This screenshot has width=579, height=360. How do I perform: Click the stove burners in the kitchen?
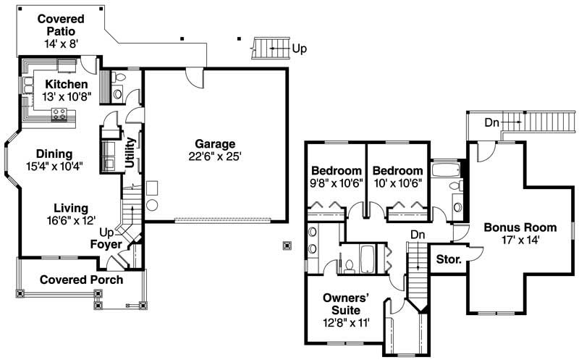[x=59, y=114]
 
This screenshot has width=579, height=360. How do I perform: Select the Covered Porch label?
[x=81, y=280]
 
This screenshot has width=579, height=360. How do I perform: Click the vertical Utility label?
[x=131, y=153]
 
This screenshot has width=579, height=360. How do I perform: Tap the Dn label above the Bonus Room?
[x=492, y=123]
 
